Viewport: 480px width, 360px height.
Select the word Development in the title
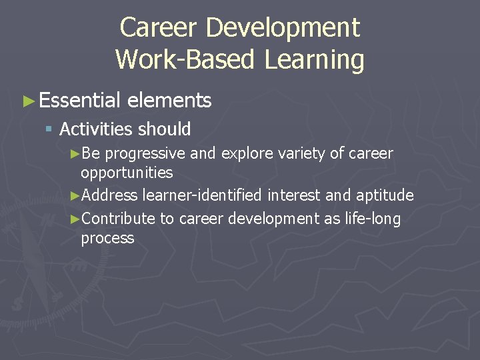pyautogui.click(x=283, y=28)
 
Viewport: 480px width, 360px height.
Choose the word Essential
pyautogui.click(x=79, y=101)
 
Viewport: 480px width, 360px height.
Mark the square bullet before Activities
pyautogui.click(x=49, y=129)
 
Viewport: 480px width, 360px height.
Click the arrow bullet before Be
pyautogui.click(x=75, y=154)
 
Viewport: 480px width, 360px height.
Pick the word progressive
pyautogui.click(x=145, y=154)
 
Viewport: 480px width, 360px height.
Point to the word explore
pyautogui.click(x=246, y=154)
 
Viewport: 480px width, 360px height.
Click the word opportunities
pyautogui.click(x=126, y=173)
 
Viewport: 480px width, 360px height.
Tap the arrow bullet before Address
pyautogui.click(x=75, y=196)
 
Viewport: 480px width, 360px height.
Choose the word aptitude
pyautogui.click(x=385, y=195)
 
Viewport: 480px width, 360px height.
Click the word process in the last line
pyautogui.click(x=107, y=238)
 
